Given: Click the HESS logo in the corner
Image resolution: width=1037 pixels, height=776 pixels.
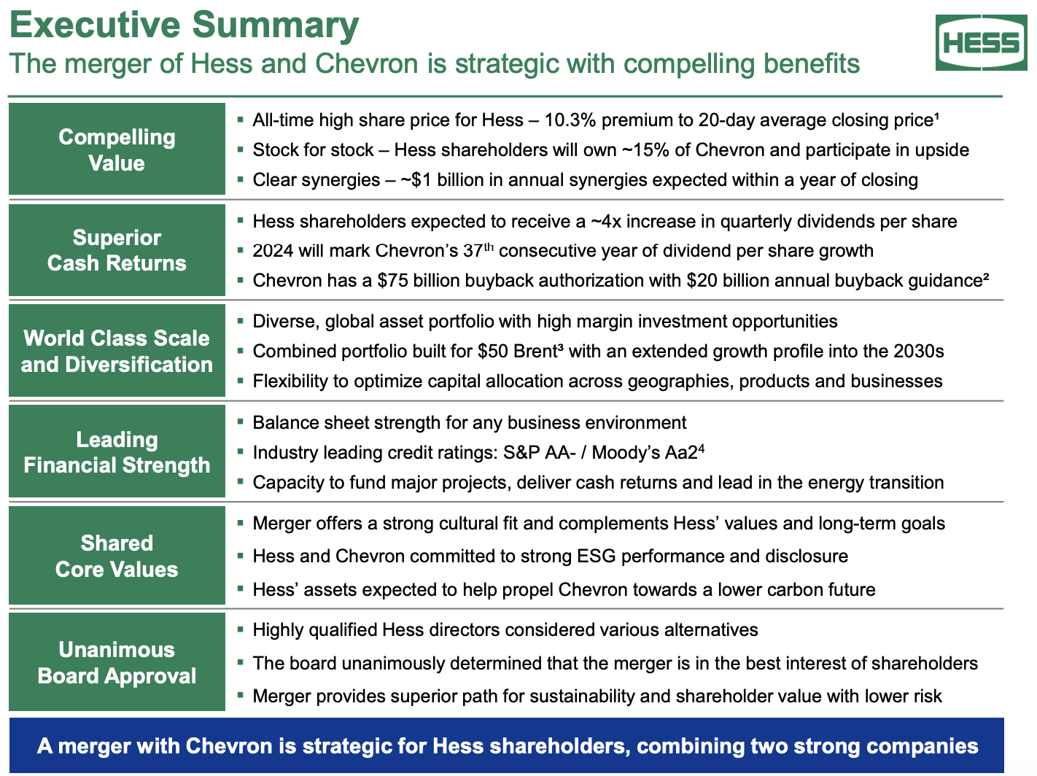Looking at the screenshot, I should click(x=981, y=44).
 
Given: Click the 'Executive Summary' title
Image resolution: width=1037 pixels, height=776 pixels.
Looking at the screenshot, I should click(x=185, y=25).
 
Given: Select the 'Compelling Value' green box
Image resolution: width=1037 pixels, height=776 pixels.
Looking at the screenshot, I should click(x=117, y=150).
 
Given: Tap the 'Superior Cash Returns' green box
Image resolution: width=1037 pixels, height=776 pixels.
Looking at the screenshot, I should click(x=117, y=250).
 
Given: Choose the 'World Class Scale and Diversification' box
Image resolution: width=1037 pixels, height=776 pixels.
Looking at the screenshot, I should click(x=117, y=351).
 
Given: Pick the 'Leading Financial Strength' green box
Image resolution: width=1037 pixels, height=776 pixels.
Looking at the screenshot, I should click(x=117, y=452).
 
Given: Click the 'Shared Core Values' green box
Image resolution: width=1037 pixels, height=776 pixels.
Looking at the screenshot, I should click(x=117, y=556).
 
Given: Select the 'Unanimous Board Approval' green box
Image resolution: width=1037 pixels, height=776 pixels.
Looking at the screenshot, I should click(x=117, y=662).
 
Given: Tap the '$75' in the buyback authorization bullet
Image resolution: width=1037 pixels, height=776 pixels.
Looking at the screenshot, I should click(x=393, y=281).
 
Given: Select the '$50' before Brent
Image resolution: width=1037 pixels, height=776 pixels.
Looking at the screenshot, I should click(x=493, y=352).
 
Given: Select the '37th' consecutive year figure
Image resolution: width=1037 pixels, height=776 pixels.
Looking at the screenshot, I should click(x=478, y=251).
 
